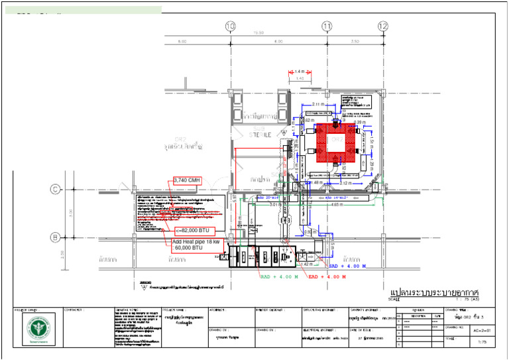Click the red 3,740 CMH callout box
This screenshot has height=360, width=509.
tap(186, 180)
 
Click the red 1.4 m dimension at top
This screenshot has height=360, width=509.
tap(299, 71)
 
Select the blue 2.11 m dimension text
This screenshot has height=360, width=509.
tap(319, 104)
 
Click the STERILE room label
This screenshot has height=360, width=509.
tap(262, 135)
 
